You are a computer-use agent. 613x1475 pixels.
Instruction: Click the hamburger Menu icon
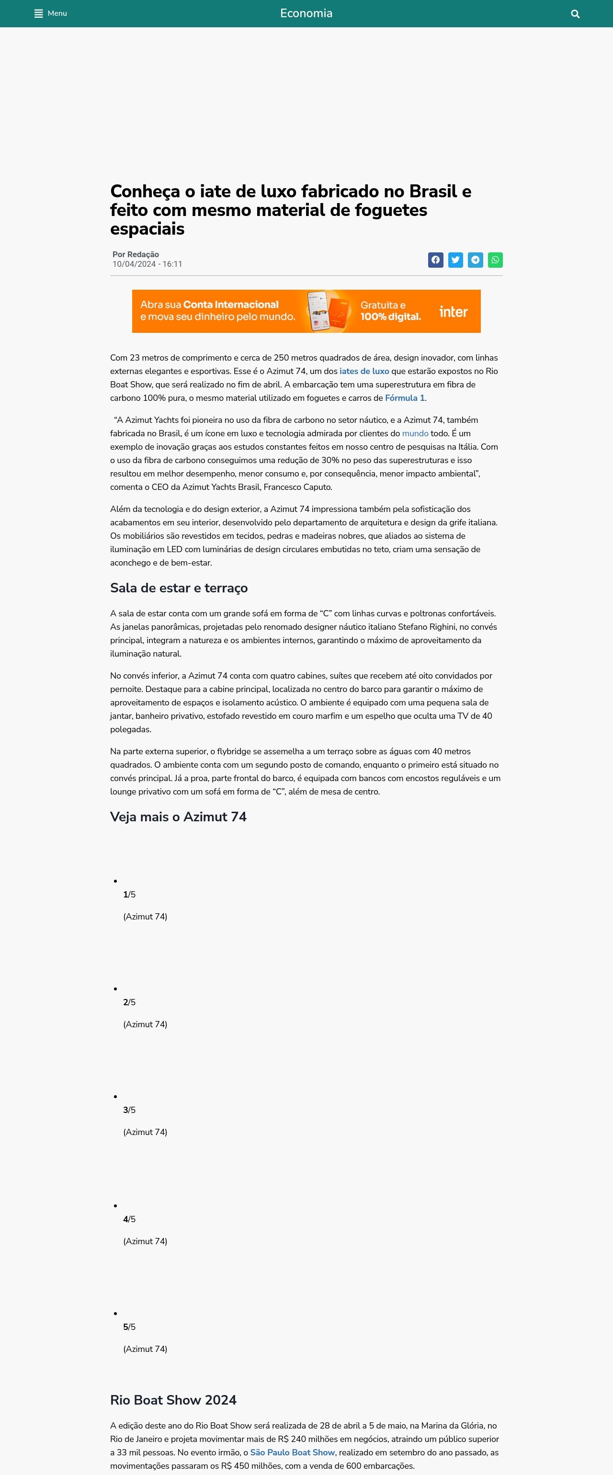click(x=39, y=14)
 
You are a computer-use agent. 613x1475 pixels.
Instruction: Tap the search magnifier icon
click(x=575, y=14)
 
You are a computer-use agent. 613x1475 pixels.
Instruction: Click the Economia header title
click(x=306, y=13)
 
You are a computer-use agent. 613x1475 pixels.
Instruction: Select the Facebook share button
click(x=436, y=260)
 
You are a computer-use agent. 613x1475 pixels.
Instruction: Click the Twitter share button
click(x=455, y=260)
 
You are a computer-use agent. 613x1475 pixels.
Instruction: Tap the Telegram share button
click(x=475, y=260)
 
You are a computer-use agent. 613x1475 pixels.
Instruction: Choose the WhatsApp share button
click(x=495, y=260)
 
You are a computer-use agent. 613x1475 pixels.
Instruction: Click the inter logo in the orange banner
click(x=454, y=311)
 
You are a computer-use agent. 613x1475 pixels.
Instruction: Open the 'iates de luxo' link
click(x=364, y=371)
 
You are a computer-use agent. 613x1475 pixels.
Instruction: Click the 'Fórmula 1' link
click(x=405, y=398)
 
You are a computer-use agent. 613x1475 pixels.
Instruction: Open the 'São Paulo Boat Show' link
click(x=292, y=1452)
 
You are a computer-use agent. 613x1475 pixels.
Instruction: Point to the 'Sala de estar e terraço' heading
click(x=179, y=588)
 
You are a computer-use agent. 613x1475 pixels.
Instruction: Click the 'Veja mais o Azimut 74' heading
click(x=178, y=817)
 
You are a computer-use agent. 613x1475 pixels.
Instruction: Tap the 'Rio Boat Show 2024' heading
click(x=173, y=1399)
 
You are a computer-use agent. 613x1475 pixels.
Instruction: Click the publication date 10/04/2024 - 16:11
click(x=147, y=264)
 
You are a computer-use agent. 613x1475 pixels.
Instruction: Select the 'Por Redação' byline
click(x=136, y=254)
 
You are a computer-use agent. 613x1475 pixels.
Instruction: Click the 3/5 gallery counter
click(x=129, y=1110)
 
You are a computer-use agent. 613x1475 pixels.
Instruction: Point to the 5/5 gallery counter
click(x=129, y=1327)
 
